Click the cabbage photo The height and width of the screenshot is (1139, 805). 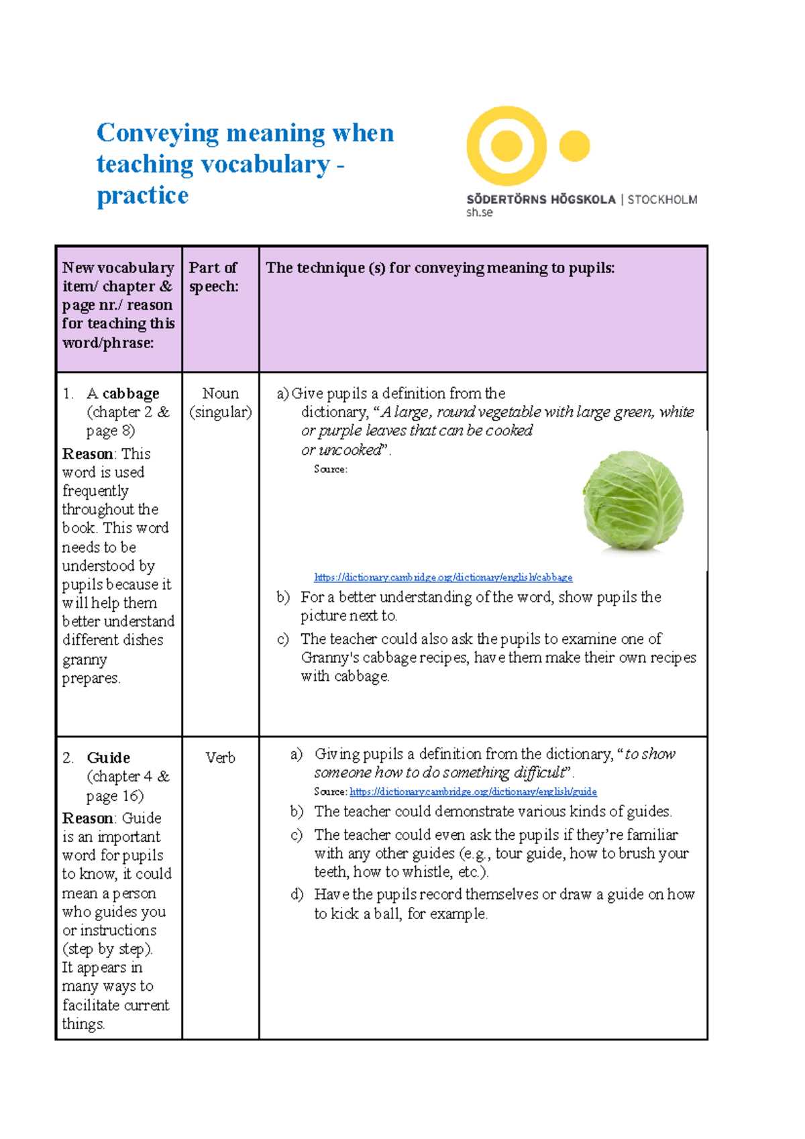[633, 500]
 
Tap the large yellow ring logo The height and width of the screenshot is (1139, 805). [506, 146]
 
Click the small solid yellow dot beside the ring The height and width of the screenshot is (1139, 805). [574, 146]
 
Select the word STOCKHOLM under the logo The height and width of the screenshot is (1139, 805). [662, 199]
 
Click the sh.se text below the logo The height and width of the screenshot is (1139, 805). [479, 213]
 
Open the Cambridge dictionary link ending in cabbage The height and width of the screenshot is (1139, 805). [443, 578]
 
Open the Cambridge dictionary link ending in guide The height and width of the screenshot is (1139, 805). [473, 792]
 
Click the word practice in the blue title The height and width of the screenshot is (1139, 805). [143, 195]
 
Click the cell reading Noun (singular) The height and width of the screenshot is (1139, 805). [220, 402]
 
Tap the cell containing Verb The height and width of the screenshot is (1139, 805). [220, 758]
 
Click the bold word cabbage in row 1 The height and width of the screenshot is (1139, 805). [131, 394]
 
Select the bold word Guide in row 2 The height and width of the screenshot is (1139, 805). [108, 758]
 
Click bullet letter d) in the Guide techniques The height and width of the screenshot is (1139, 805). [297, 895]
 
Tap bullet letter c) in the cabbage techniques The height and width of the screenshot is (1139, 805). [282, 639]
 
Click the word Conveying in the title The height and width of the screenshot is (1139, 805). [157, 133]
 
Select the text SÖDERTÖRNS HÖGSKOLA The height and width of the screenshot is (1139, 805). [541, 199]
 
